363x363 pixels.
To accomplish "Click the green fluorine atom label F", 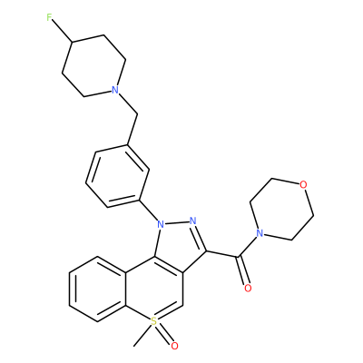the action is pos(50,18).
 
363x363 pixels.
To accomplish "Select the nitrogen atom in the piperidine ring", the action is pos(114,90).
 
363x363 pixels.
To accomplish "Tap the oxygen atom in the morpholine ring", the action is pos(304,184).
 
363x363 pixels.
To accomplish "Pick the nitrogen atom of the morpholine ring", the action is pos(259,233).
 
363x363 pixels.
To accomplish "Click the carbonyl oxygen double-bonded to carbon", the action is pos(248,288).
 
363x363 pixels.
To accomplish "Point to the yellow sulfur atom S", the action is pos(154,321).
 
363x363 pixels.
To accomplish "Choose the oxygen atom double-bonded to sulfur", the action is pos(174,346).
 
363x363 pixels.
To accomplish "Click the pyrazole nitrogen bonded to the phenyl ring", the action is pos(161,224).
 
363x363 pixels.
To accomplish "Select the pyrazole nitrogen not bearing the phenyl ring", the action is pos(192,221).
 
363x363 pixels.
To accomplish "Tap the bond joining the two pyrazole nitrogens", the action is pos(177,222).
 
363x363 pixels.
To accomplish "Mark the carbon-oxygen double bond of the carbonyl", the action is pos(243,271).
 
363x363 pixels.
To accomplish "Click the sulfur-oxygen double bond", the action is pos(165,334).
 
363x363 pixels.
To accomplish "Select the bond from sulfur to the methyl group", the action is pos(142,336).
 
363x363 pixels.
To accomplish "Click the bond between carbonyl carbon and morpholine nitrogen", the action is pos(247,246).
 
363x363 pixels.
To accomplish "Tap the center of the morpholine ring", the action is pos(281,209).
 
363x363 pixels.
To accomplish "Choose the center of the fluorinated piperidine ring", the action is pos(94,66).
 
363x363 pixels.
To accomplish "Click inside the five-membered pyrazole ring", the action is pos(178,246).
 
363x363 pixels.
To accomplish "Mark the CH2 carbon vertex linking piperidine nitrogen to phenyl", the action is pos(137,115).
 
